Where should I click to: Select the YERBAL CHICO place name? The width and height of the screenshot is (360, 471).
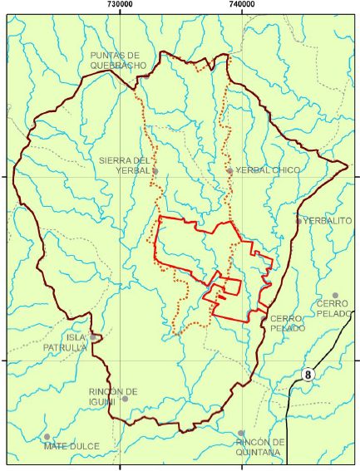268,170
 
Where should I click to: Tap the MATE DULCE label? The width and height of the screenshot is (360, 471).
72,446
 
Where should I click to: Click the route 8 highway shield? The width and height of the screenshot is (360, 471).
309,375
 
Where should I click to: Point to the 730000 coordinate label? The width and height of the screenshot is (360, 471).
121,5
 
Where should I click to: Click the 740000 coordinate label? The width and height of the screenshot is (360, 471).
241,5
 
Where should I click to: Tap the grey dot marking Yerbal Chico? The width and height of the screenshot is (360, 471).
229,170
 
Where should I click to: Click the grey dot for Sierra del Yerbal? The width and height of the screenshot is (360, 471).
155,170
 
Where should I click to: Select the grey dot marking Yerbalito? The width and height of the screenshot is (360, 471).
298,221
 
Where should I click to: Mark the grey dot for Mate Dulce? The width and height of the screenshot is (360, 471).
47,436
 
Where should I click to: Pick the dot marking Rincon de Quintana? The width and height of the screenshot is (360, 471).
240,433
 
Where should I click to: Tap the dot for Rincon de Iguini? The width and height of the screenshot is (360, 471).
125,399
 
